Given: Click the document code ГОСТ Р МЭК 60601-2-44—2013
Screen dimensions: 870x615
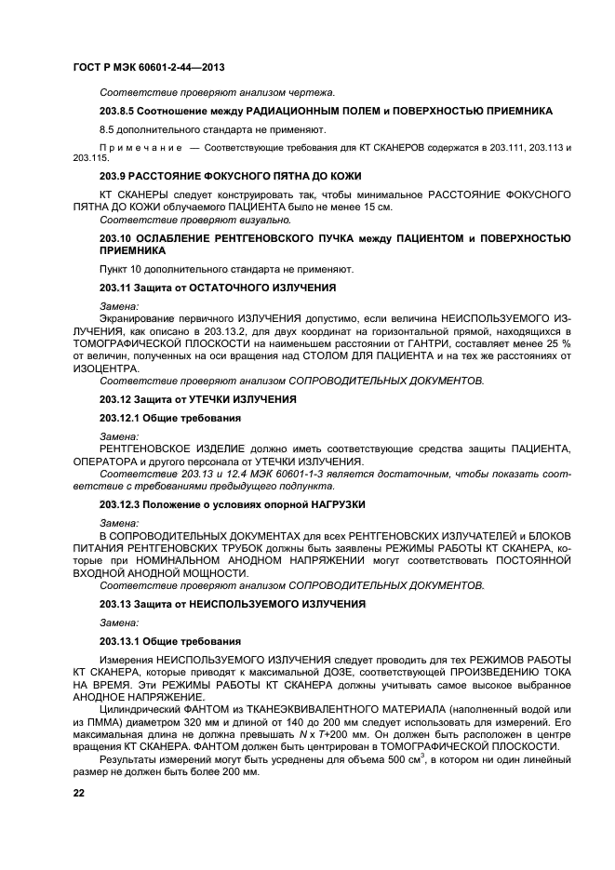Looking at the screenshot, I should click(x=148, y=68).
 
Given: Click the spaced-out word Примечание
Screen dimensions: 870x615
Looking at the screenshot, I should click(x=136, y=148).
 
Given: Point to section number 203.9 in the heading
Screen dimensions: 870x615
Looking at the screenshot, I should click(x=113, y=176).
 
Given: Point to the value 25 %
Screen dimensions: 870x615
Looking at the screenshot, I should click(x=558, y=343).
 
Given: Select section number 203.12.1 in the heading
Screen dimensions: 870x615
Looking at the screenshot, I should click(x=120, y=418).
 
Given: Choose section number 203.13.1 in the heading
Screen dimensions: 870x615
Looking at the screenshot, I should click(x=120, y=641).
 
